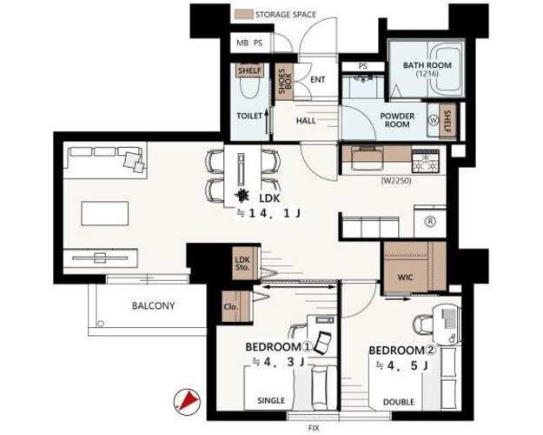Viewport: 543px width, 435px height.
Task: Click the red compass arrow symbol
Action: coord(188,402)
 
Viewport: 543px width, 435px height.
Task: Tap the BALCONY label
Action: coord(154,306)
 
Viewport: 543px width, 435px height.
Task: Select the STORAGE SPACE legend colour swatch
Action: coord(243,15)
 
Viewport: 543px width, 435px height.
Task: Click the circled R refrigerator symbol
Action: coord(430,221)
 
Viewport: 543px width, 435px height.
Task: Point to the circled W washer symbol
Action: coord(434,120)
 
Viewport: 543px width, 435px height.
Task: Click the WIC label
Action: coord(405,278)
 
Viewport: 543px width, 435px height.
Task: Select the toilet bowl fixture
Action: coord(249,88)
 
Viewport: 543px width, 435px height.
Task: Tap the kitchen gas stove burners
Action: coord(425,162)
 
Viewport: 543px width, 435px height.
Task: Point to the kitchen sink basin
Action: coord(368,158)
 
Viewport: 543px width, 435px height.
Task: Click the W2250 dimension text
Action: coord(396,181)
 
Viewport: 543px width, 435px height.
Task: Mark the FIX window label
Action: coord(314,428)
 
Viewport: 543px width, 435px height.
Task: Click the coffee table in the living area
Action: coord(105,213)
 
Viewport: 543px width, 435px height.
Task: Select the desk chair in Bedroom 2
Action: coord(422,325)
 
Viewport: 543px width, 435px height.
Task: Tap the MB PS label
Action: coord(249,43)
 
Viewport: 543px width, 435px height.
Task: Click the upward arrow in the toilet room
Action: coord(267,122)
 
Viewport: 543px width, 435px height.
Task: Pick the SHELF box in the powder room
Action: coord(447,121)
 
